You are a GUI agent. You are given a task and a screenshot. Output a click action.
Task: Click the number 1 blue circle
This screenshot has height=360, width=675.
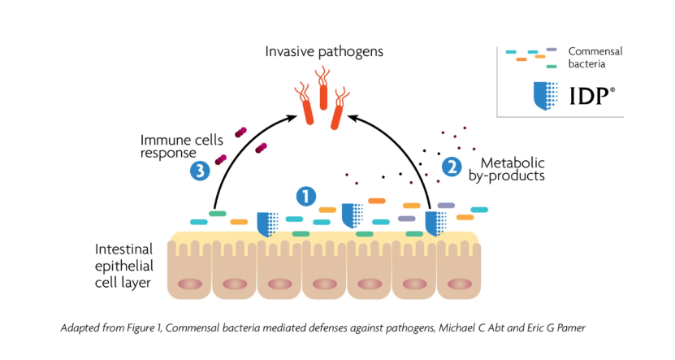pos(305,196)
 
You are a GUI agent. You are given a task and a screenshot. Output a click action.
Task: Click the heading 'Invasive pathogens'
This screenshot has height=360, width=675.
pos(324,52)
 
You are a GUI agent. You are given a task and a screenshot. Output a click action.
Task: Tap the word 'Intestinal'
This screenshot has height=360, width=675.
pos(124,249)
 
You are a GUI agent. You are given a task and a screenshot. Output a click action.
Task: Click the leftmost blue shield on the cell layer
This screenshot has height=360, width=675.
pos(266,223)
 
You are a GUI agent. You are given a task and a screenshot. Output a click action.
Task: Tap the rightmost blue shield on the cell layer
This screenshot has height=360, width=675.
pos(435,223)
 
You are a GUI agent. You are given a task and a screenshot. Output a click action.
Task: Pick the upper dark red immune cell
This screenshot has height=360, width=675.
pos(241,133)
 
